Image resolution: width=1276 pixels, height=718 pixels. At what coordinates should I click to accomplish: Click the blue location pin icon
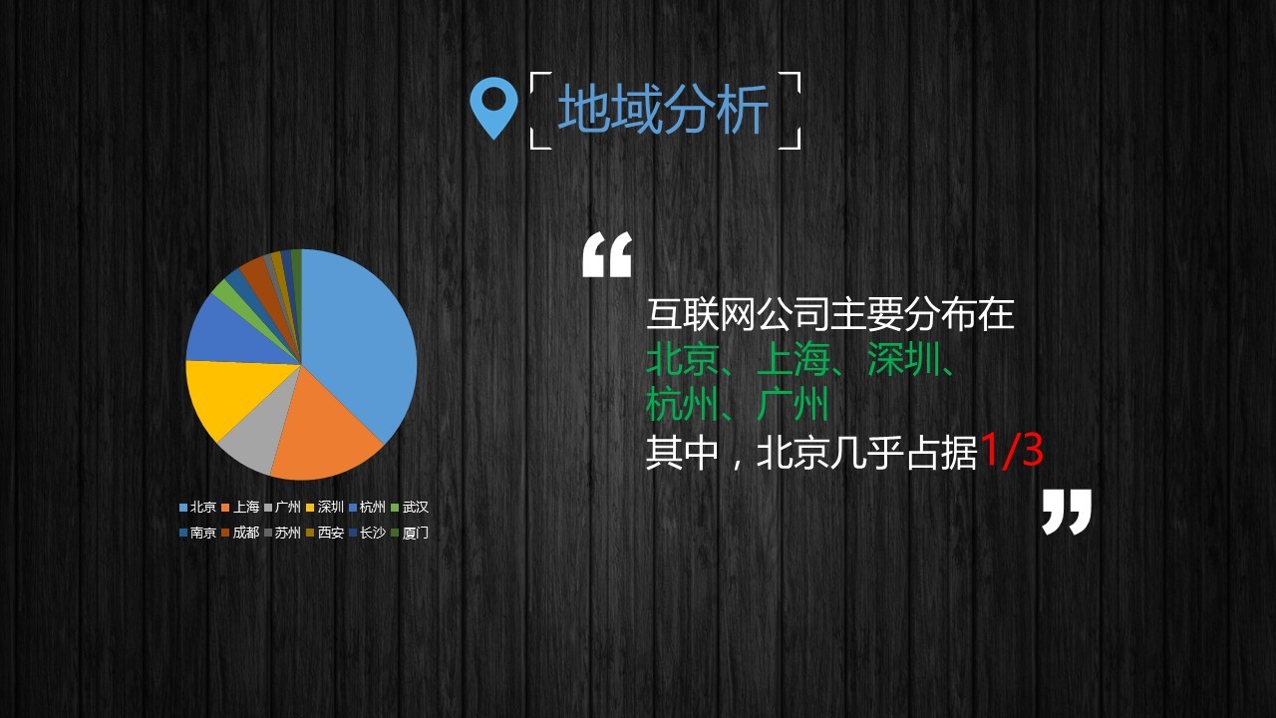pos(493,107)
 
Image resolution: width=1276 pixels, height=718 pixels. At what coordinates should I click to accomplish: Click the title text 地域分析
pos(664,110)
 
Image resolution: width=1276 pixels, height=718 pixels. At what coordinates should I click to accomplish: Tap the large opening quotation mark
pos(608,254)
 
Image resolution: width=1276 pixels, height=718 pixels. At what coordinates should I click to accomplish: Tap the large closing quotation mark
pos(1067,512)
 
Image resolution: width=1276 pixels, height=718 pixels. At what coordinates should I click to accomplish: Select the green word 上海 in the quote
pos(794,360)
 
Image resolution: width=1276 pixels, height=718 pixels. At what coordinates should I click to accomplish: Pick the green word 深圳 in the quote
pos(903,360)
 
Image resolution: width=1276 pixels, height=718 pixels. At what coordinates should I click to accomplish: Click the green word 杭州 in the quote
pos(683,405)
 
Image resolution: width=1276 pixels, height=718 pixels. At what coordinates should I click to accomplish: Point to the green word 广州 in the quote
pos(793,405)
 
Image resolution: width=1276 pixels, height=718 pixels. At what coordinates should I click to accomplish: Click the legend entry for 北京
pos(197,507)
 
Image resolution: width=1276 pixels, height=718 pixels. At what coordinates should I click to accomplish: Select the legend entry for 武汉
pos(410,507)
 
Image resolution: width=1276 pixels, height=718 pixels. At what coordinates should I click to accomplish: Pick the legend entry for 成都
pos(240,533)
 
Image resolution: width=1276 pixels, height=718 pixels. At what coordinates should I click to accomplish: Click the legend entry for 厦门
pos(410,533)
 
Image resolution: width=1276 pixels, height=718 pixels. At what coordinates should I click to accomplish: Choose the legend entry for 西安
pos(325,533)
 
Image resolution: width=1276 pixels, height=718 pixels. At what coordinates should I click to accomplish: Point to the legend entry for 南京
pos(197,533)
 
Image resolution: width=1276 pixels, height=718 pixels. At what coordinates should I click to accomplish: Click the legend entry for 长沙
pos(368,533)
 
